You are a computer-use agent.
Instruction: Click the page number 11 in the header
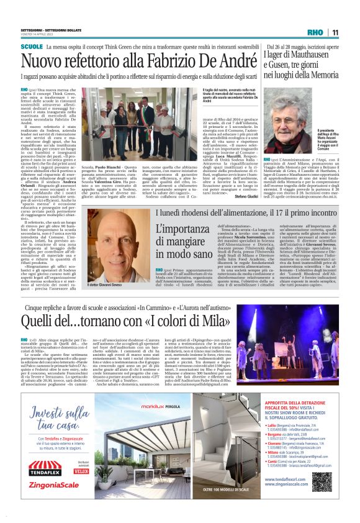(335, 32)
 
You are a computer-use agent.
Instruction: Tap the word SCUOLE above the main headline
(32, 47)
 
